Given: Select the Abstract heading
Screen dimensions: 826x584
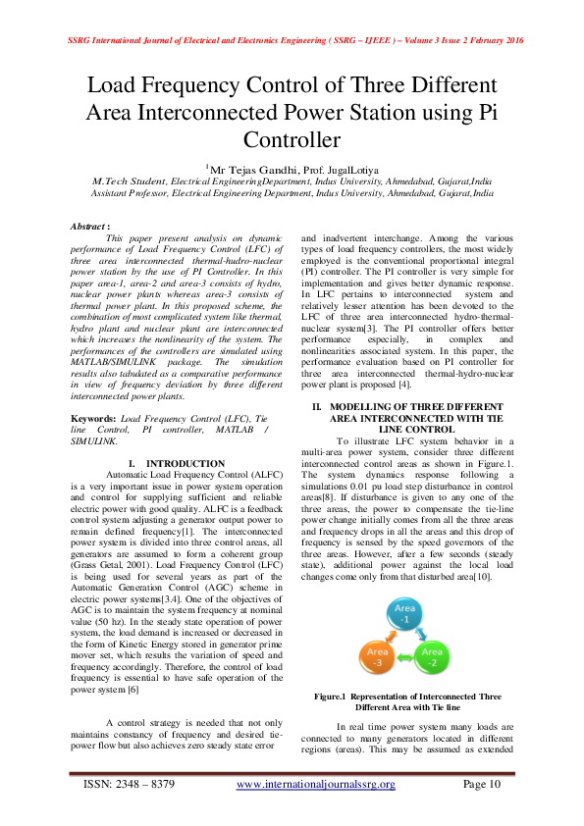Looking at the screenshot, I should (x=89, y=227).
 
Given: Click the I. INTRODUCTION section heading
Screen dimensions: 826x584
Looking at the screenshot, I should (x=177, y=462).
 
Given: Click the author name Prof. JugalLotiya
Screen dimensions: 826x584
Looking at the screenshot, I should (x=338, y=171).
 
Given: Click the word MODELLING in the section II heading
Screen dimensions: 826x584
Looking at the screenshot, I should (x=363, y=406).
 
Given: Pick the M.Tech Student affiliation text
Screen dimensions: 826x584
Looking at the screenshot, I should (x=129, y=182).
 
